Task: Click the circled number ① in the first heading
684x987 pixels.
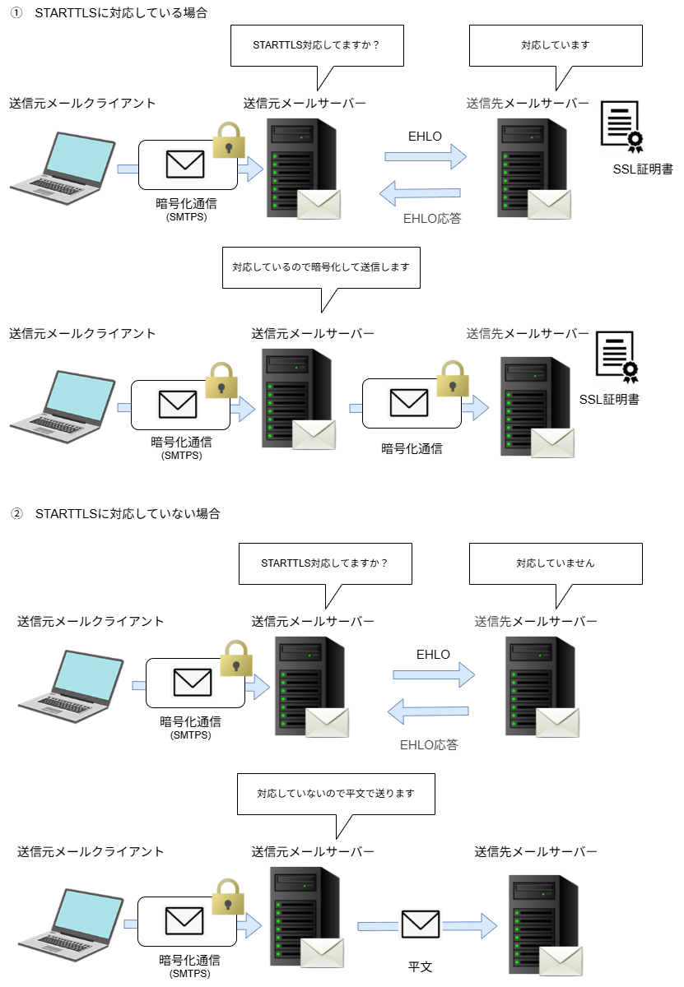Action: coord(16,13)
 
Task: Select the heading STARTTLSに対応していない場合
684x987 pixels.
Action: coord(128,513)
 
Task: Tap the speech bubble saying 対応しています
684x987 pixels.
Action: coord(555,45)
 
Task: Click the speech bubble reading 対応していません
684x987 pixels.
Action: coord(555,563)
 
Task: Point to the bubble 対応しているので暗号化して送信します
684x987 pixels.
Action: coord(321,267)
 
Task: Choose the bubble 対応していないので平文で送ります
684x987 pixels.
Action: coord(335,794)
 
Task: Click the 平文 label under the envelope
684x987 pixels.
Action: coord(420,966)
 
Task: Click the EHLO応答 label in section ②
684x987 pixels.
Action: coord(429,744)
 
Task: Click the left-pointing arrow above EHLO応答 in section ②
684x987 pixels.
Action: coord(429,711)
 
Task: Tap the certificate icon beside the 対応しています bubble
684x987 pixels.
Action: coord(622,127)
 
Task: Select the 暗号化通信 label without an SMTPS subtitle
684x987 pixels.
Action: coord(412,448)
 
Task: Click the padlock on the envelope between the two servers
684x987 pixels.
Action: coord(452,378)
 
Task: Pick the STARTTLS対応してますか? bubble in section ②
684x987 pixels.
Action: coord(324,563)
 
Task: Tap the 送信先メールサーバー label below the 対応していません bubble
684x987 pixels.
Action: coord(536,621)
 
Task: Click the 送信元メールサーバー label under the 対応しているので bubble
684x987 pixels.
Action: coord(313,333)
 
